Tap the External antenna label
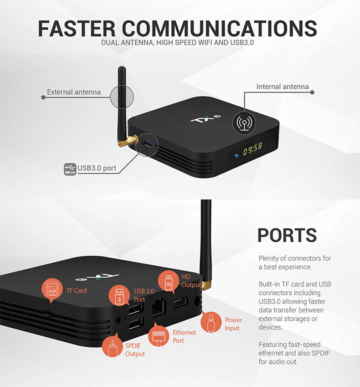click(74, 92)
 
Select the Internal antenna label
click(282, 87)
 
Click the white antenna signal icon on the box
click(244, 122)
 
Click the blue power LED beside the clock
click(235, 156)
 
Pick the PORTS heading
click(287, 235)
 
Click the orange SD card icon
click(53, 290)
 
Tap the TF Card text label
click(76, 290)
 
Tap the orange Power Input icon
click(211, 322)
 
